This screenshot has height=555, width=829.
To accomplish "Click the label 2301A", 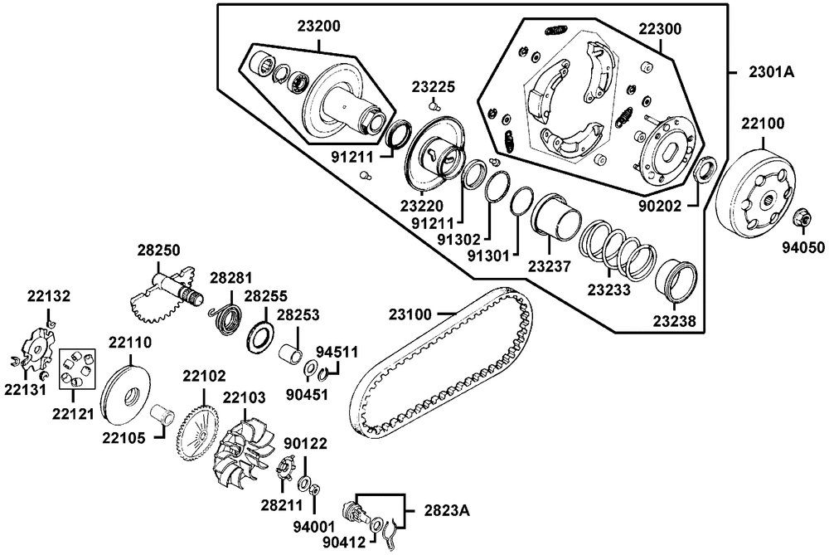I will click(x=772, y=72).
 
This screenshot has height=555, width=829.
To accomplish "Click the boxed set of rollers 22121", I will click(x=75, y=368).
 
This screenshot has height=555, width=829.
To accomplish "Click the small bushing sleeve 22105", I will click(x=163, y=412).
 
